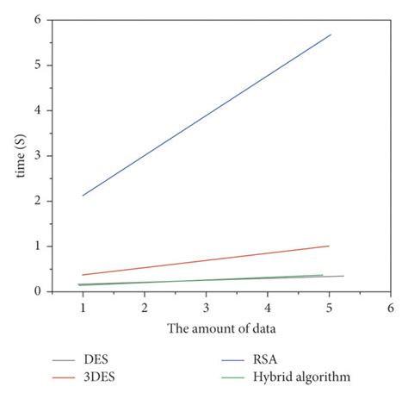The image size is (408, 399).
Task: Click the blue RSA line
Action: pyautogui.click(x=207, y=115)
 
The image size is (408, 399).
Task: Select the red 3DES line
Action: pyautogui.click(x=207, y=260)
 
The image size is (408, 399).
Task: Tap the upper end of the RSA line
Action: pyautogui.click(x=331, y=34)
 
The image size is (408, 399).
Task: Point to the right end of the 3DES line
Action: pyautogui.click(x=330, y=246)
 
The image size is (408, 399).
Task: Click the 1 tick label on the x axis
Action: pyautogui.click(x=83, y=307)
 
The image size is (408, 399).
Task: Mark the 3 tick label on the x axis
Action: pyautogui.click(x=206, y=307)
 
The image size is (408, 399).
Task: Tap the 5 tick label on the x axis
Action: pyautogui.click(x=329, y=307)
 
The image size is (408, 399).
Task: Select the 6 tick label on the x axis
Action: pyautogui.click(x=391, y=307)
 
